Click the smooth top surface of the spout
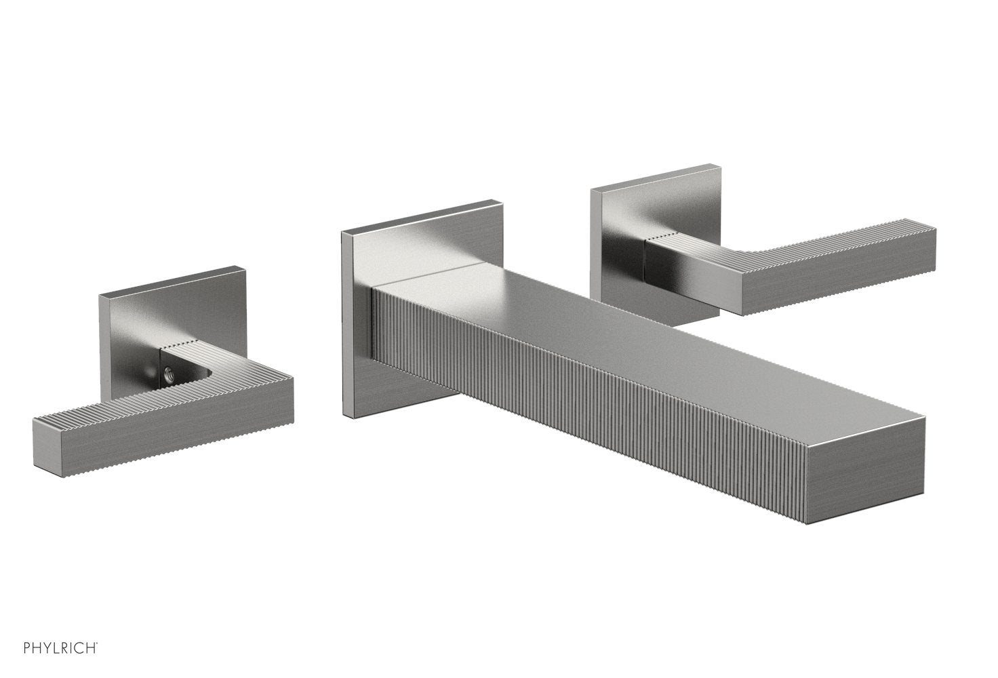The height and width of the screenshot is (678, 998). point(610,325)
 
